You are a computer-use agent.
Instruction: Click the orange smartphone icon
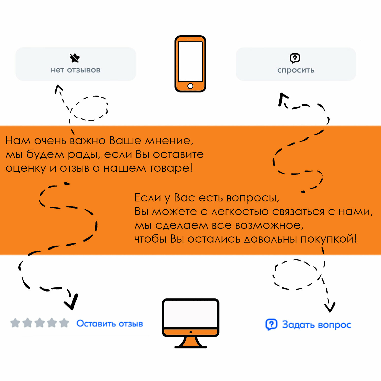click(190, 63)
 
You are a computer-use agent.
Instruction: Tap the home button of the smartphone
click(190, 86)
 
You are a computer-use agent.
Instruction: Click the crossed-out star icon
click(75, 58)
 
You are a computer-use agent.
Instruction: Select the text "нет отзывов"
click(76, 70)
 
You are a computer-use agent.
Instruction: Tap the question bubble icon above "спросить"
click(295, 58)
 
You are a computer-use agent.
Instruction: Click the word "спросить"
click(296, 70)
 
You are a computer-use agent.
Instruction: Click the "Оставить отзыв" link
click(110, 324)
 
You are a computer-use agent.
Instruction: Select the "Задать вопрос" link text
click(316, 325)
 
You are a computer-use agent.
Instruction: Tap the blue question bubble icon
click(271, 324)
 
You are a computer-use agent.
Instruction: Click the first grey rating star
click(15, 323)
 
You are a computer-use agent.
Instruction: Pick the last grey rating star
click(64, 323)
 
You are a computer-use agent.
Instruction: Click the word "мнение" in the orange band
click(169, 141)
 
